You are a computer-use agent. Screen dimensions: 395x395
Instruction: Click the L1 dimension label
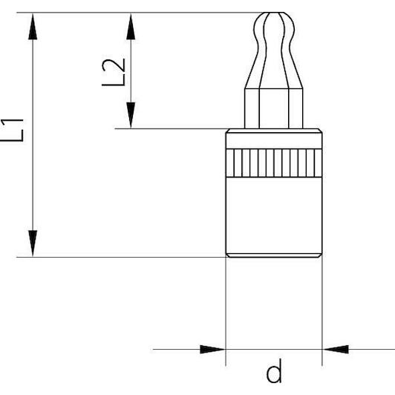[x=12, y=130]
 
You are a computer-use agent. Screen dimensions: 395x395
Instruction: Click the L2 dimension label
[x=114, y=72]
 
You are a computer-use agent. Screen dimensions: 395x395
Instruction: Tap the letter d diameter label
[x=274, y=370]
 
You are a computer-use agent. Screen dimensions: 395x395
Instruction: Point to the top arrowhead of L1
[x=33, y=27]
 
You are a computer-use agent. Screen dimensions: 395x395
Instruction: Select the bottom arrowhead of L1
[x=33, y=244]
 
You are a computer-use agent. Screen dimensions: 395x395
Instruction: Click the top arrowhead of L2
[x=131, y=27]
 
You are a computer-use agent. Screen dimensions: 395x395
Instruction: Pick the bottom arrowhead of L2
[x=131, y=115]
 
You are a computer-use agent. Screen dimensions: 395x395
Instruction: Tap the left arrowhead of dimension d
[x=212, y=350]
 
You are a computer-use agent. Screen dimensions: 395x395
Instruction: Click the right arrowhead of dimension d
[x=336, y=350]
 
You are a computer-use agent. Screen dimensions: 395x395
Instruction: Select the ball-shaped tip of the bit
[x=274, y=27]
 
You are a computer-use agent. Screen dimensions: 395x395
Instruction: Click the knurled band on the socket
[x=274, y=163]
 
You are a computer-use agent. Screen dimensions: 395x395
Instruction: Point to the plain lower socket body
[x=274, y=215]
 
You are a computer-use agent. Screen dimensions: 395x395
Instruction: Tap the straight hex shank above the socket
[x=274, y=108]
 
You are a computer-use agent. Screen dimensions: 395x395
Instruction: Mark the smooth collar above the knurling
[x=274, y=140]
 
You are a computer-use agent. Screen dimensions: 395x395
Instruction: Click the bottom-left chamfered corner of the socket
[x=227, y=255]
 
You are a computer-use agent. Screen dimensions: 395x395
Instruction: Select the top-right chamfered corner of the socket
[x=321, y=131]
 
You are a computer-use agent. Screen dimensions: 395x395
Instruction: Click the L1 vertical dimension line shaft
[x=33, y=135]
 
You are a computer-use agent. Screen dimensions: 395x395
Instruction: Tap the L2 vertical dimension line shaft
[x=131, y=71]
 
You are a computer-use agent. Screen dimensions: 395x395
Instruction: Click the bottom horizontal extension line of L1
[x=122, y=257]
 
